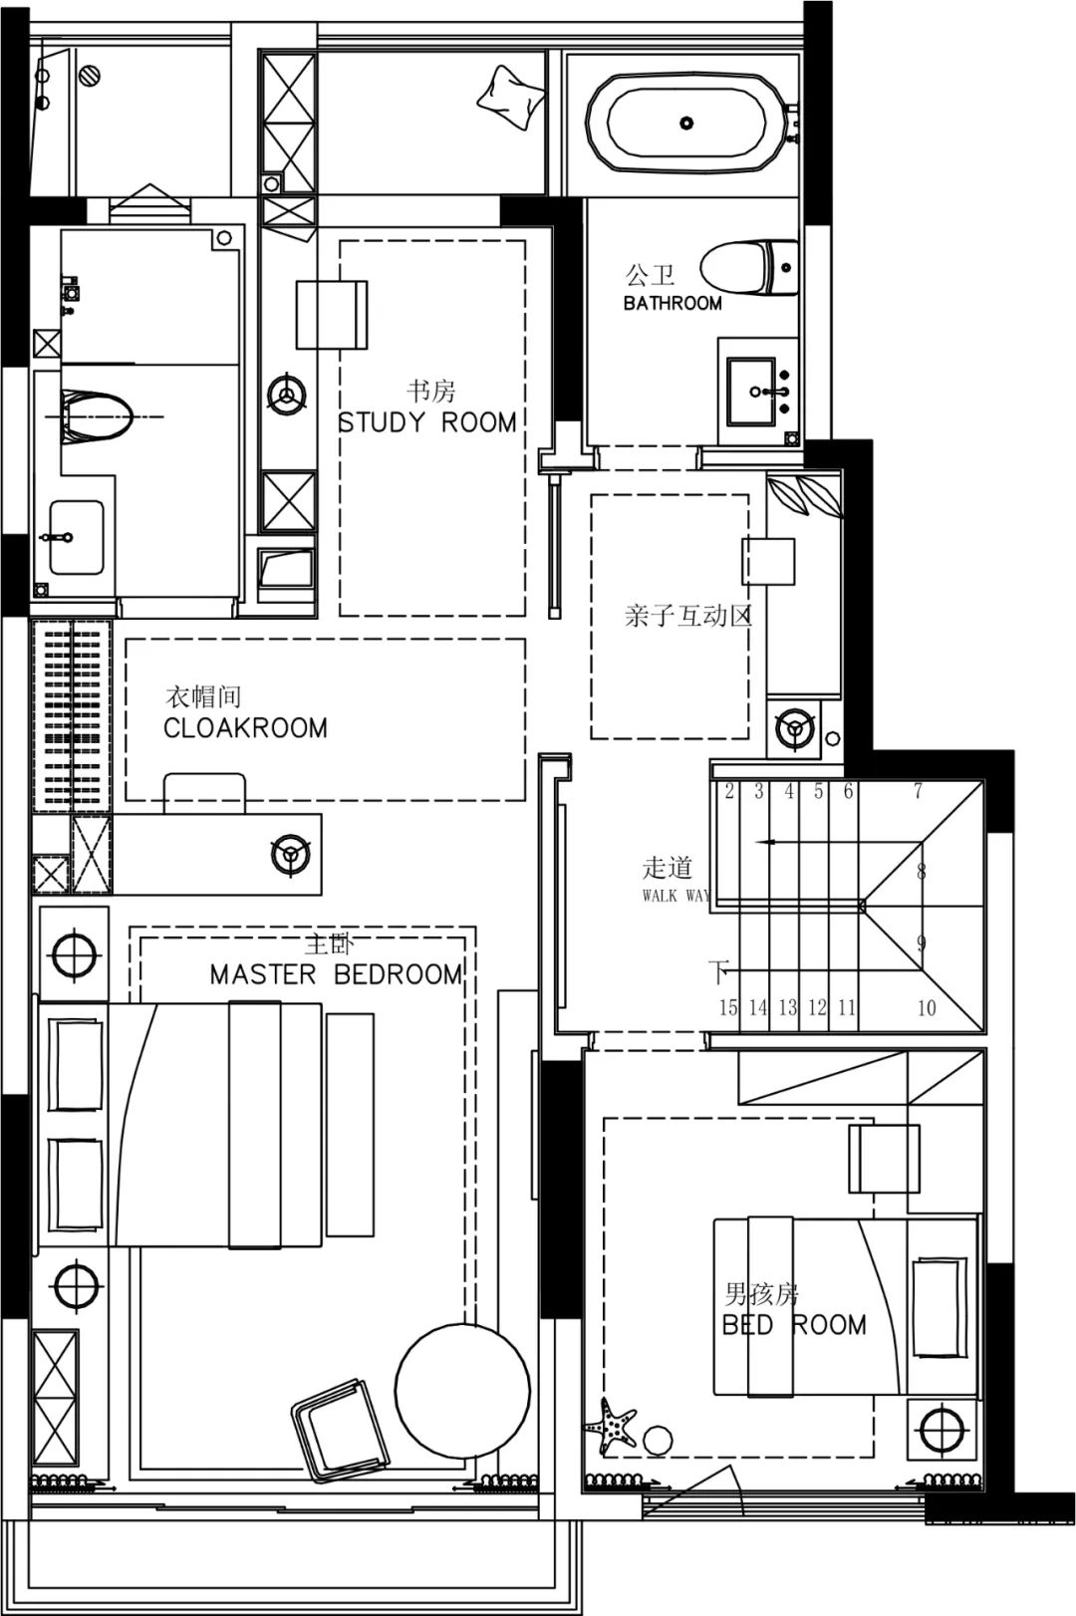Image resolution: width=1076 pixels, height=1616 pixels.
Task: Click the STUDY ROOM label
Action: (x=427, y=422)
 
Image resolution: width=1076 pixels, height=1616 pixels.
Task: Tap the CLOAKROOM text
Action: (x=245, y=728)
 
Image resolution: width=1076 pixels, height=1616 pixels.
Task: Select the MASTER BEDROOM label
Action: (x=337, y=974)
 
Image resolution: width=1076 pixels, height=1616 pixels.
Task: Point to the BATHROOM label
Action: (x=672, y=303)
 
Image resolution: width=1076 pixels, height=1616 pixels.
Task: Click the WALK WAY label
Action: (x=676, y=896)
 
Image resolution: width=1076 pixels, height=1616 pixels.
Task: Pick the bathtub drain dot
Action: (x=686, y=123)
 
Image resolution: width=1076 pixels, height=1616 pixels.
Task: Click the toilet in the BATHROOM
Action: (x=749, y=268)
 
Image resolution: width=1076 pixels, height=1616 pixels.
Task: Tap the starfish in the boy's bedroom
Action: (x=612, y=1425)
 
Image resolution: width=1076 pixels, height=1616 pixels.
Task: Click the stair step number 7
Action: (x=918, y=791)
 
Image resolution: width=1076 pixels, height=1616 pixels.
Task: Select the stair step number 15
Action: (x=728, y=1007)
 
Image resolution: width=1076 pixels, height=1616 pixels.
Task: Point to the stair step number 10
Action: (x=927, y=1007)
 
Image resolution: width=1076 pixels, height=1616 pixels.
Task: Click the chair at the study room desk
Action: (x=332, y=315)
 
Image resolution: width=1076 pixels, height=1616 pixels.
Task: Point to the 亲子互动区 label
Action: (x=687, y=616)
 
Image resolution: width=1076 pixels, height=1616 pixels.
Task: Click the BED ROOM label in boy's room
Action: (x=794, y=1324)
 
